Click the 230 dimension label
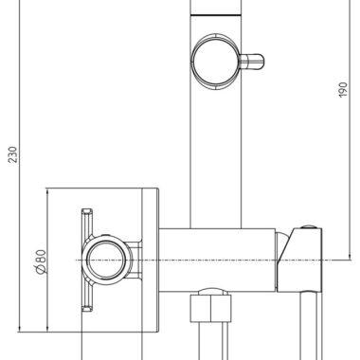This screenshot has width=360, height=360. [12, 154]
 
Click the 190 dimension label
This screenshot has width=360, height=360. [343, 90]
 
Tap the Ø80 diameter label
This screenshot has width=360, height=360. [42, 261]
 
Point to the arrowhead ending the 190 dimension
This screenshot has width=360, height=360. [350, 257]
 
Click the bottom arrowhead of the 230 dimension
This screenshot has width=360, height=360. [20, 329]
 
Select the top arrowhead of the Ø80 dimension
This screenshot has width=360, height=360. [47, 192]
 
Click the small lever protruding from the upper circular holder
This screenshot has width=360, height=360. [252, 62]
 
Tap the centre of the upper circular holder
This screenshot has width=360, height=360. [216, 62]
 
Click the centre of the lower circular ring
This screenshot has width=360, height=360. [106, 261]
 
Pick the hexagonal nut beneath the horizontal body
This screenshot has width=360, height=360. [210, 309]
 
